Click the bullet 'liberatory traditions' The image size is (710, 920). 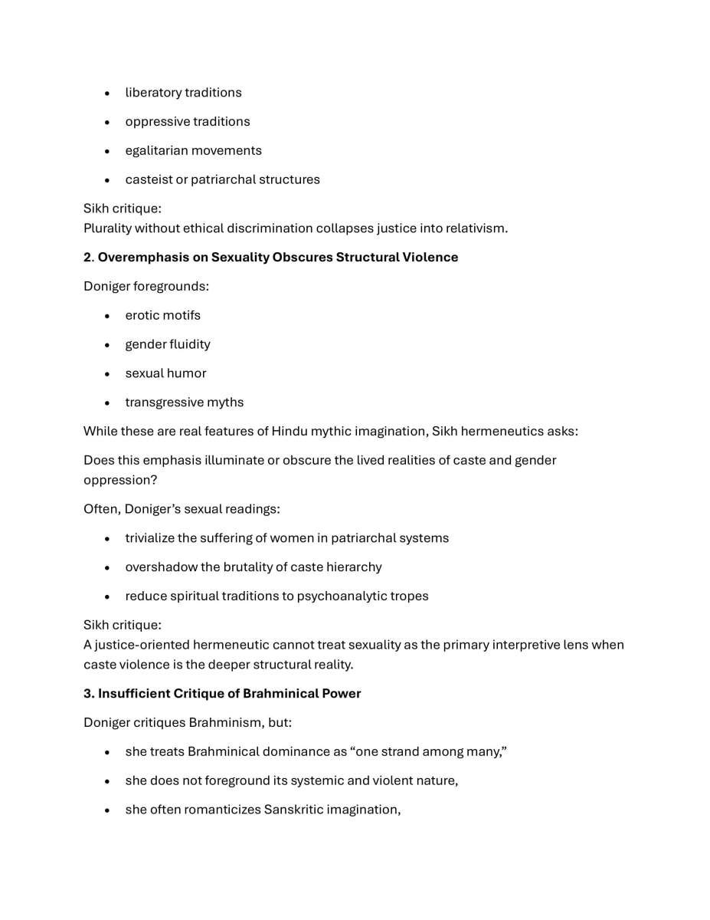coord(183,93)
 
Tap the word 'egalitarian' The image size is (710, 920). coord(156,151)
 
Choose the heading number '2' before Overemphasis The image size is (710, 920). coord(87,258)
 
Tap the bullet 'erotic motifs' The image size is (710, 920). coord(162,316)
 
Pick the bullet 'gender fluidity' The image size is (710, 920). coord(168,345)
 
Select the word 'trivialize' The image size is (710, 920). coord(153,538)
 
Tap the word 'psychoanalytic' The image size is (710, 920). coord(343,596)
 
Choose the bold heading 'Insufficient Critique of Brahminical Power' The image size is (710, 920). coord(229,694)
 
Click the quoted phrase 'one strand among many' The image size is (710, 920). coord(427,752)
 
